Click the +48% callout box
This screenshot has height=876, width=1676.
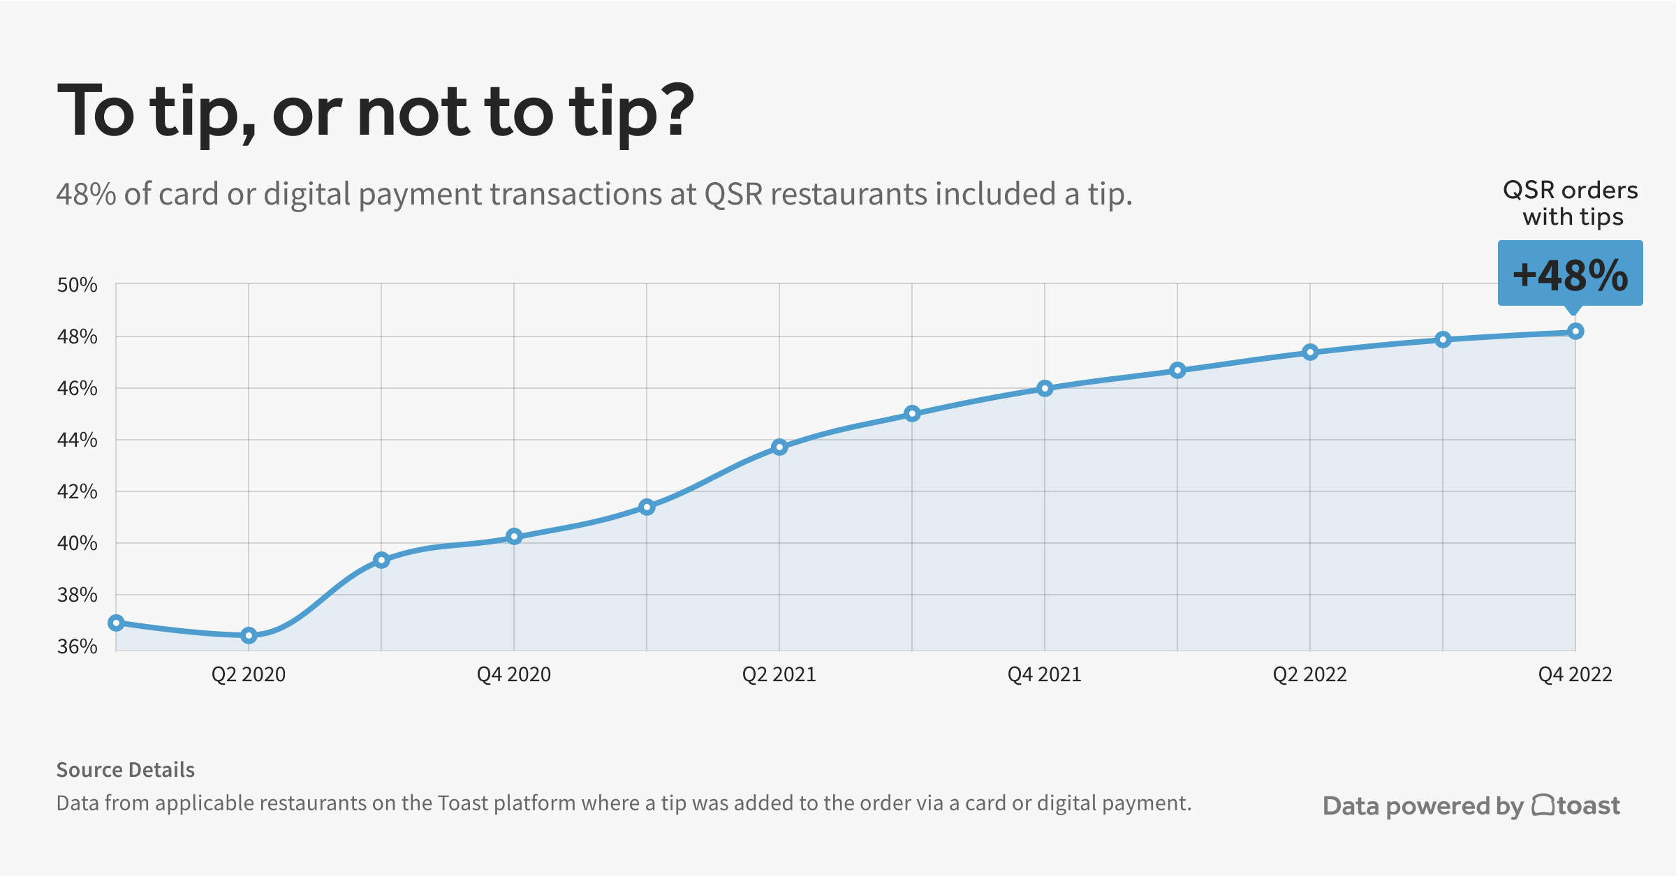1570,274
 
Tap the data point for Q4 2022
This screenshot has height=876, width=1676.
1575,331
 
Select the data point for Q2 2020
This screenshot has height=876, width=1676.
249,635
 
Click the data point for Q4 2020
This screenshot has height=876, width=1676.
514,536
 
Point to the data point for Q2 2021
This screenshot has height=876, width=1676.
779,447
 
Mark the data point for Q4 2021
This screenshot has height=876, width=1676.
1045,388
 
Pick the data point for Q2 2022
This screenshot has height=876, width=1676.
1310,352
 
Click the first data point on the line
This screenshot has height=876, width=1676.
117,623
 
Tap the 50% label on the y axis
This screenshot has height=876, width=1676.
77,285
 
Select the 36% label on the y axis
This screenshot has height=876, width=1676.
77,646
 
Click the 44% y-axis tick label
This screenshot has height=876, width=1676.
77,440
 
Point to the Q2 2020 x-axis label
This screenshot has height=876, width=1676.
249,674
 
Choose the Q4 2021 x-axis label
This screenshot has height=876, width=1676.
1045,674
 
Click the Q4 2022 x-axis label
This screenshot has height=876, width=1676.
1575,674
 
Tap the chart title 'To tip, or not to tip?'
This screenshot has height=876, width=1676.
376,112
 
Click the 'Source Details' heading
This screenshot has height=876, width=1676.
126,770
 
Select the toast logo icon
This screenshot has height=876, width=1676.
1543,806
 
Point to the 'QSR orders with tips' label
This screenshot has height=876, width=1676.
1571,203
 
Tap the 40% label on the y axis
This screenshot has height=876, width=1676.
77,543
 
